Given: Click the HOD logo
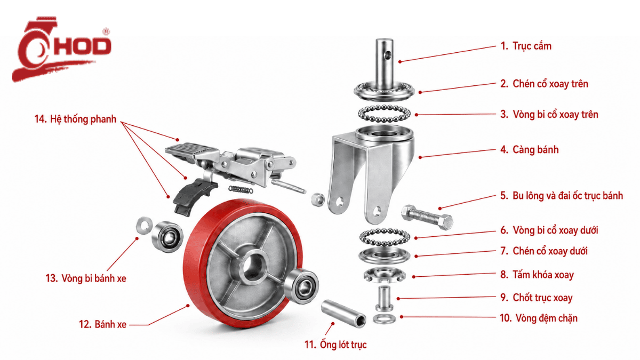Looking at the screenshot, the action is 61,49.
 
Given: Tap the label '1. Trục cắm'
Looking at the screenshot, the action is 526,46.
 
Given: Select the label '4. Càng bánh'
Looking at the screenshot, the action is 530,150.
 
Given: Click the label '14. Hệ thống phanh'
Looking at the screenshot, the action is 75,119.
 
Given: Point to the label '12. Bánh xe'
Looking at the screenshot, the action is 102,324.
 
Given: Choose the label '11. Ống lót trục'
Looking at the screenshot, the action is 335,345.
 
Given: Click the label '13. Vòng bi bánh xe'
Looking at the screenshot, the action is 86,278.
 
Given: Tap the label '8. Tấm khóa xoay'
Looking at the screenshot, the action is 537,275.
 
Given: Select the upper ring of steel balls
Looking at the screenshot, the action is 384,114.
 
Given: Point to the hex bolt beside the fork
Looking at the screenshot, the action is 427,217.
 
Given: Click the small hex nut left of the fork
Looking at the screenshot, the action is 317,198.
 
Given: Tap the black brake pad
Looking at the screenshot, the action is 194,197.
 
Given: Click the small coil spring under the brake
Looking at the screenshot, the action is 241,189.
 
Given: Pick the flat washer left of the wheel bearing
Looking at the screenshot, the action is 144,226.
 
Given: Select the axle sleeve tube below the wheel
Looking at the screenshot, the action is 343,314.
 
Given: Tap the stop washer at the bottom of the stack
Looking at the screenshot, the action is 385,318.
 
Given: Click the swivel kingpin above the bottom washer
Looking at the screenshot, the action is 384,298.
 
